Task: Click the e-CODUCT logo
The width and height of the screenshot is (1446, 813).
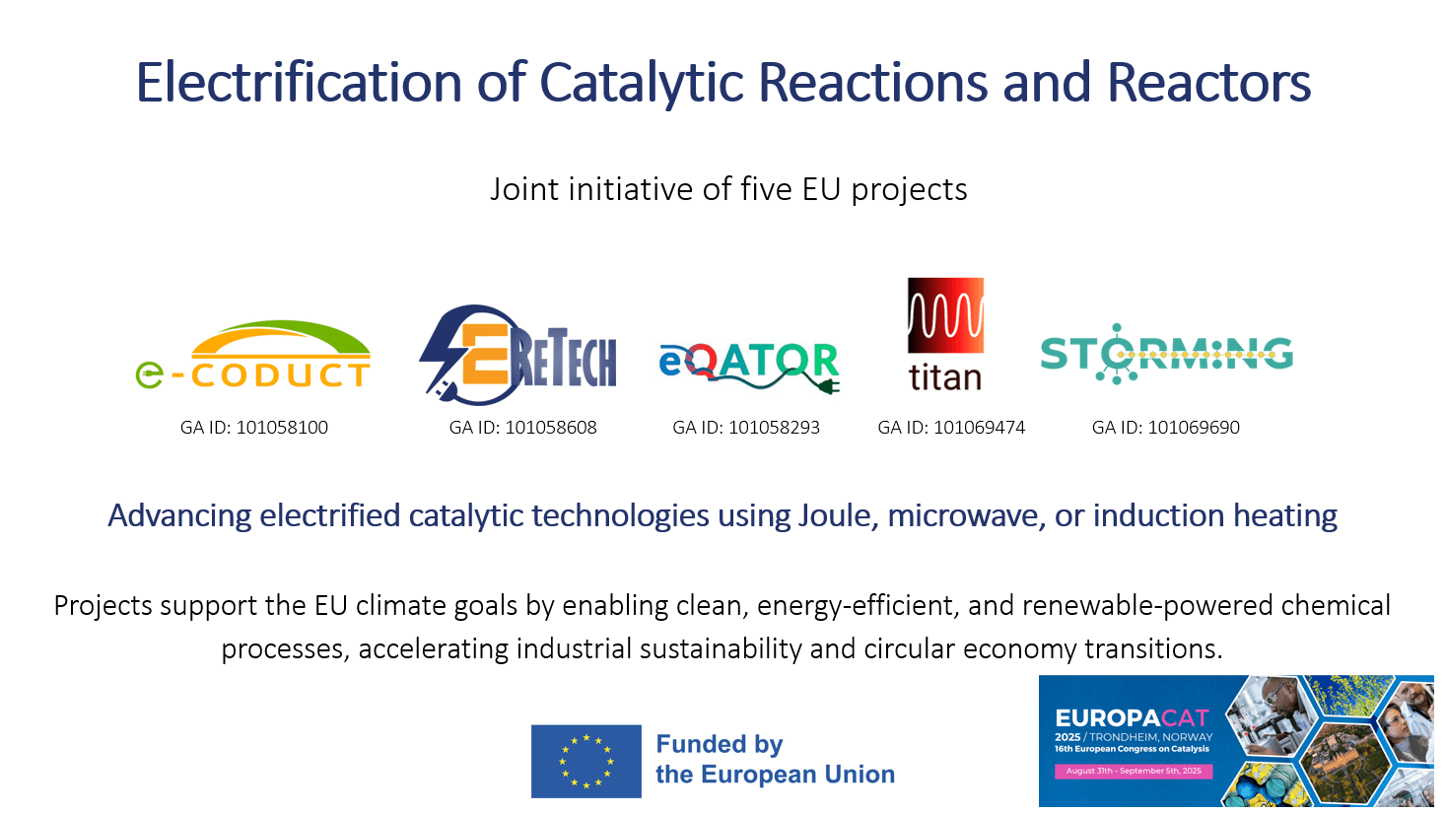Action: (x=253, y=356)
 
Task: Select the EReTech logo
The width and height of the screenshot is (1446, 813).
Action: (x=518, y=355)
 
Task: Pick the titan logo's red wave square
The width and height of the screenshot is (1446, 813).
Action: (x=945, y=315)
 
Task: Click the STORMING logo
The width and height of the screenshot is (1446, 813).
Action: (x=1166, y=354)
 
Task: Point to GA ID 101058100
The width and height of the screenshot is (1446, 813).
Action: (x=253, y=428)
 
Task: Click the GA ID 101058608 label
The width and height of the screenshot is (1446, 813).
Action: (x=522, y=428)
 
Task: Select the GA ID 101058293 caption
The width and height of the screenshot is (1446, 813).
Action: (x=746, y=428)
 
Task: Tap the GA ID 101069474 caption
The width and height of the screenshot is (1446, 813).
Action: (x=951, y=428)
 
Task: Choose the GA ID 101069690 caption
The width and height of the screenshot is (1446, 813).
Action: (x=1166, y=428)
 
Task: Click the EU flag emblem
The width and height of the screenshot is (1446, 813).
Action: (x=586, y=762)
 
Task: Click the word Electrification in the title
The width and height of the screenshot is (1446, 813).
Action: (x=299, y=83)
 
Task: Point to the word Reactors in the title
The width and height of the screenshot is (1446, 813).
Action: (x=1209, y=83)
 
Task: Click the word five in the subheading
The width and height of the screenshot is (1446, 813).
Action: (x=766, y=189)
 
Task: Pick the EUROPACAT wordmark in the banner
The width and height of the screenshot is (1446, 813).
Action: (x=1132, y=718)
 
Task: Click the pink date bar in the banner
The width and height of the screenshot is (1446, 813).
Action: (x=1134, y=771)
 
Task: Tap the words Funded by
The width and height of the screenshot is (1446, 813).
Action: (x=720, y=745)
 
